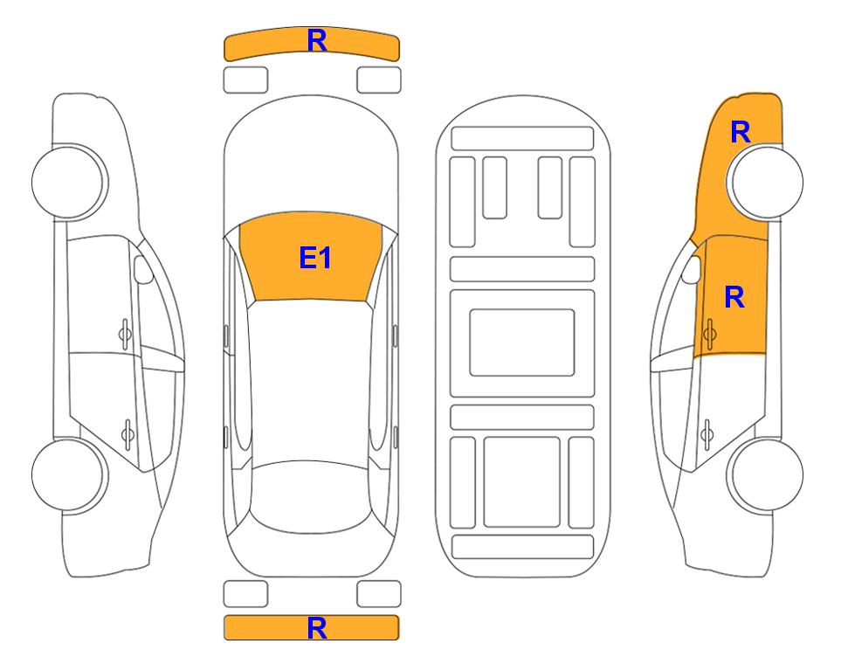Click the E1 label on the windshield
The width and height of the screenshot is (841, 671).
tap(315, 258)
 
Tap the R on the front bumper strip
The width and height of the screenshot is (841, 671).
tap(317, 40)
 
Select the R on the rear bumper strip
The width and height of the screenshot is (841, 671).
tap(317, 627)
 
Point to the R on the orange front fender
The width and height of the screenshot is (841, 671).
tap(741, 132)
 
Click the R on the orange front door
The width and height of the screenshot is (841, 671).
tap(734, 297)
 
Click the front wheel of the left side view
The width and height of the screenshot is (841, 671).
tap(69, 182)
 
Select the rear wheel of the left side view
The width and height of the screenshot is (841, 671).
tap(69, 475)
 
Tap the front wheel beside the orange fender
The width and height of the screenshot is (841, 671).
tap(765, 182)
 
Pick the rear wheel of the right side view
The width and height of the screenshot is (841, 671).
tap(765, 475)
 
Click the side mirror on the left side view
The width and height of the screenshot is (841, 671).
tap(143, 269)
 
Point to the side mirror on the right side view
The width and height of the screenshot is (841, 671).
tap(691, 269)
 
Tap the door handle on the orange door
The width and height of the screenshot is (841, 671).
tap(709, 334)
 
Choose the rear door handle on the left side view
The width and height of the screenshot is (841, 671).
tap(128, 433)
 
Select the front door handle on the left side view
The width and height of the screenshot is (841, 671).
tap(125, 334)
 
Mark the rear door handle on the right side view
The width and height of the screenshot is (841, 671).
tap(707, 433)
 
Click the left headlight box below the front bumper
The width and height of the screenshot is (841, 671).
tap(245, 80)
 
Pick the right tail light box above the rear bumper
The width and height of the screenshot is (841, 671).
tap(379, 594)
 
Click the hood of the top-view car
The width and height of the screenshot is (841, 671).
tap(311, 161)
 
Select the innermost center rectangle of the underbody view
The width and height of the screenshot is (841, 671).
tap(522, 342)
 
